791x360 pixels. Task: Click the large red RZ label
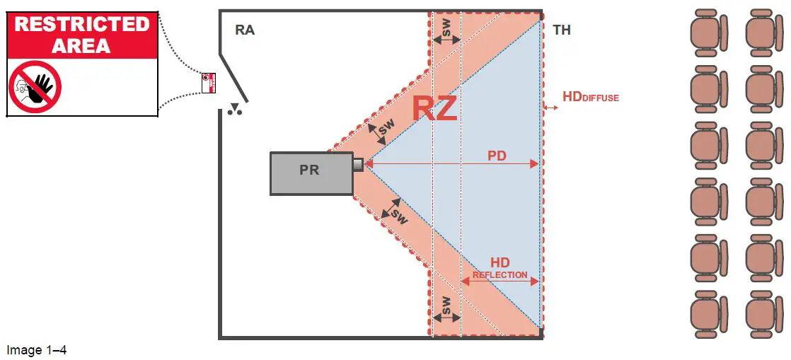pos(434,109)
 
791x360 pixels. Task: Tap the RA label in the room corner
pos(245,30)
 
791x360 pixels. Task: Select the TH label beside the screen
pos(562,30)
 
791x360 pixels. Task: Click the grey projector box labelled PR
pos(311,173)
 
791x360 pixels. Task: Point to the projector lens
pos(358,164)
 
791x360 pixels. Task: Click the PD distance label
pos(497,155)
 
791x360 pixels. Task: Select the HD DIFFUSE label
pos(590,97)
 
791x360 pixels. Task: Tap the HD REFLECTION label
pos(500,268)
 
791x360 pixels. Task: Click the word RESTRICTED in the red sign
pos(82,24)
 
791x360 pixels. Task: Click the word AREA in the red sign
pos(82,46)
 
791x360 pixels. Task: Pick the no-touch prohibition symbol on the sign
pos(35,86)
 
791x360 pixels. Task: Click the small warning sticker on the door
pos(209,83)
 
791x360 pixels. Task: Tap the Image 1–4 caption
pos(36,349)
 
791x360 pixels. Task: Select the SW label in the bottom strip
pos(446,306)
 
